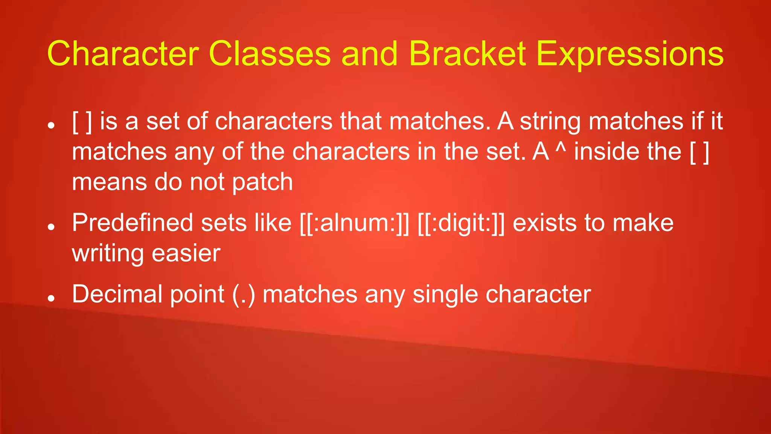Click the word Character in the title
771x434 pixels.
123,54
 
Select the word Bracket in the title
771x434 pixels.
467,54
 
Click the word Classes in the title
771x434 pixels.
270,54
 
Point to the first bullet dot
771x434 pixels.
52,125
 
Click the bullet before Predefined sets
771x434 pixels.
52,226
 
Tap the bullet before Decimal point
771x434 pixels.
52,298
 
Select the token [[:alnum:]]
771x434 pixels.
354,223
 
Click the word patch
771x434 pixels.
262,183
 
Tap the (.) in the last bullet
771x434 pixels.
244,294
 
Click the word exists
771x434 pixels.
544,223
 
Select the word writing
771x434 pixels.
108,254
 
